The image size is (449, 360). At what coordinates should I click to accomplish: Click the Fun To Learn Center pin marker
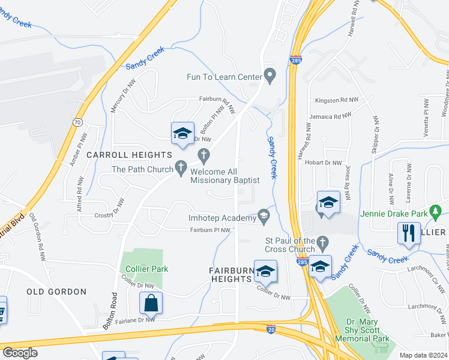click(270, 76)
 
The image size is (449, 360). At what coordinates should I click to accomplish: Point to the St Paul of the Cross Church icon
click(322, 243)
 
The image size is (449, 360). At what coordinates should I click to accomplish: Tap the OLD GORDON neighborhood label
click(56, 292)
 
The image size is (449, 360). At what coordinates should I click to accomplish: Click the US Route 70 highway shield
click(77, 122)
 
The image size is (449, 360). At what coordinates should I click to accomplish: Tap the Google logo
click(20, 353)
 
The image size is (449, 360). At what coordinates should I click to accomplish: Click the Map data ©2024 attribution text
click(422, 355)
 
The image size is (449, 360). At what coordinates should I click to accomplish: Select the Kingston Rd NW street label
click(334, 100)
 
